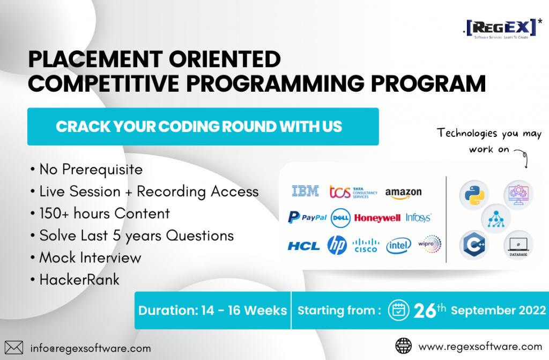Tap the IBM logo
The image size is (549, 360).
tap(305, 192)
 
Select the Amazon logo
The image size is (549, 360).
tap(403, 193)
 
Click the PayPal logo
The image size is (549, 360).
tap(307, 217)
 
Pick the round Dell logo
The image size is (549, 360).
tap(340, 218)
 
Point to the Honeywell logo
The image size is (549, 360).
tap(377, 218)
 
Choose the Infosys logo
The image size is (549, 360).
tap(418, 218)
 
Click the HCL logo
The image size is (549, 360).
tap(303, 246)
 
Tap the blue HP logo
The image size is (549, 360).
tap(337, 245)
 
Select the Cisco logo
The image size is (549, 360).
tap(366, 246)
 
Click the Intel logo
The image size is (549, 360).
tap(398, 246)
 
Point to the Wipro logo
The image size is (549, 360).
tap(430, 244)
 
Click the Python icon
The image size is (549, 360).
tap(474, 195)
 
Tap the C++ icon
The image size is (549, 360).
tap(474, 245)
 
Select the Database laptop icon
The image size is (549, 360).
tap(518, 245)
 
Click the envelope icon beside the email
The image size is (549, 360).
tap(13, 348)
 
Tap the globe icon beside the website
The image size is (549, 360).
tap(403, 346)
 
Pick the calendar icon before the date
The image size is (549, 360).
tap(398, 310)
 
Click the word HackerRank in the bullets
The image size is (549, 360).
tap(79, 280)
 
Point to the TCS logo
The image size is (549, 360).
tap(353, 192)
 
